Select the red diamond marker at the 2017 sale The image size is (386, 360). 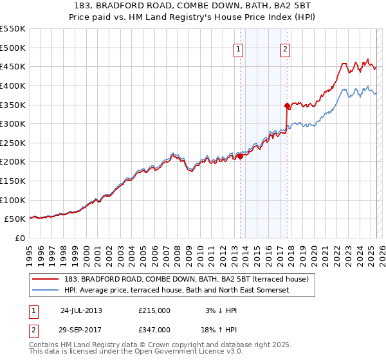tap(287, 105)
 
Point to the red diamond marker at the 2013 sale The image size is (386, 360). tap(240, 156)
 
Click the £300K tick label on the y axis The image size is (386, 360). tap(13, 123)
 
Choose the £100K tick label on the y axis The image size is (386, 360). tap(13, 200)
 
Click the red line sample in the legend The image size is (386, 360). tap(46, 279)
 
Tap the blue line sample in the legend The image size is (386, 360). tap(46, 290)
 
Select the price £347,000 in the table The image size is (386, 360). tap(154, 329)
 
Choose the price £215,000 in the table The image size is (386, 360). tap(154, 310)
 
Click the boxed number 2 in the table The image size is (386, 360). tap(33, 329)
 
